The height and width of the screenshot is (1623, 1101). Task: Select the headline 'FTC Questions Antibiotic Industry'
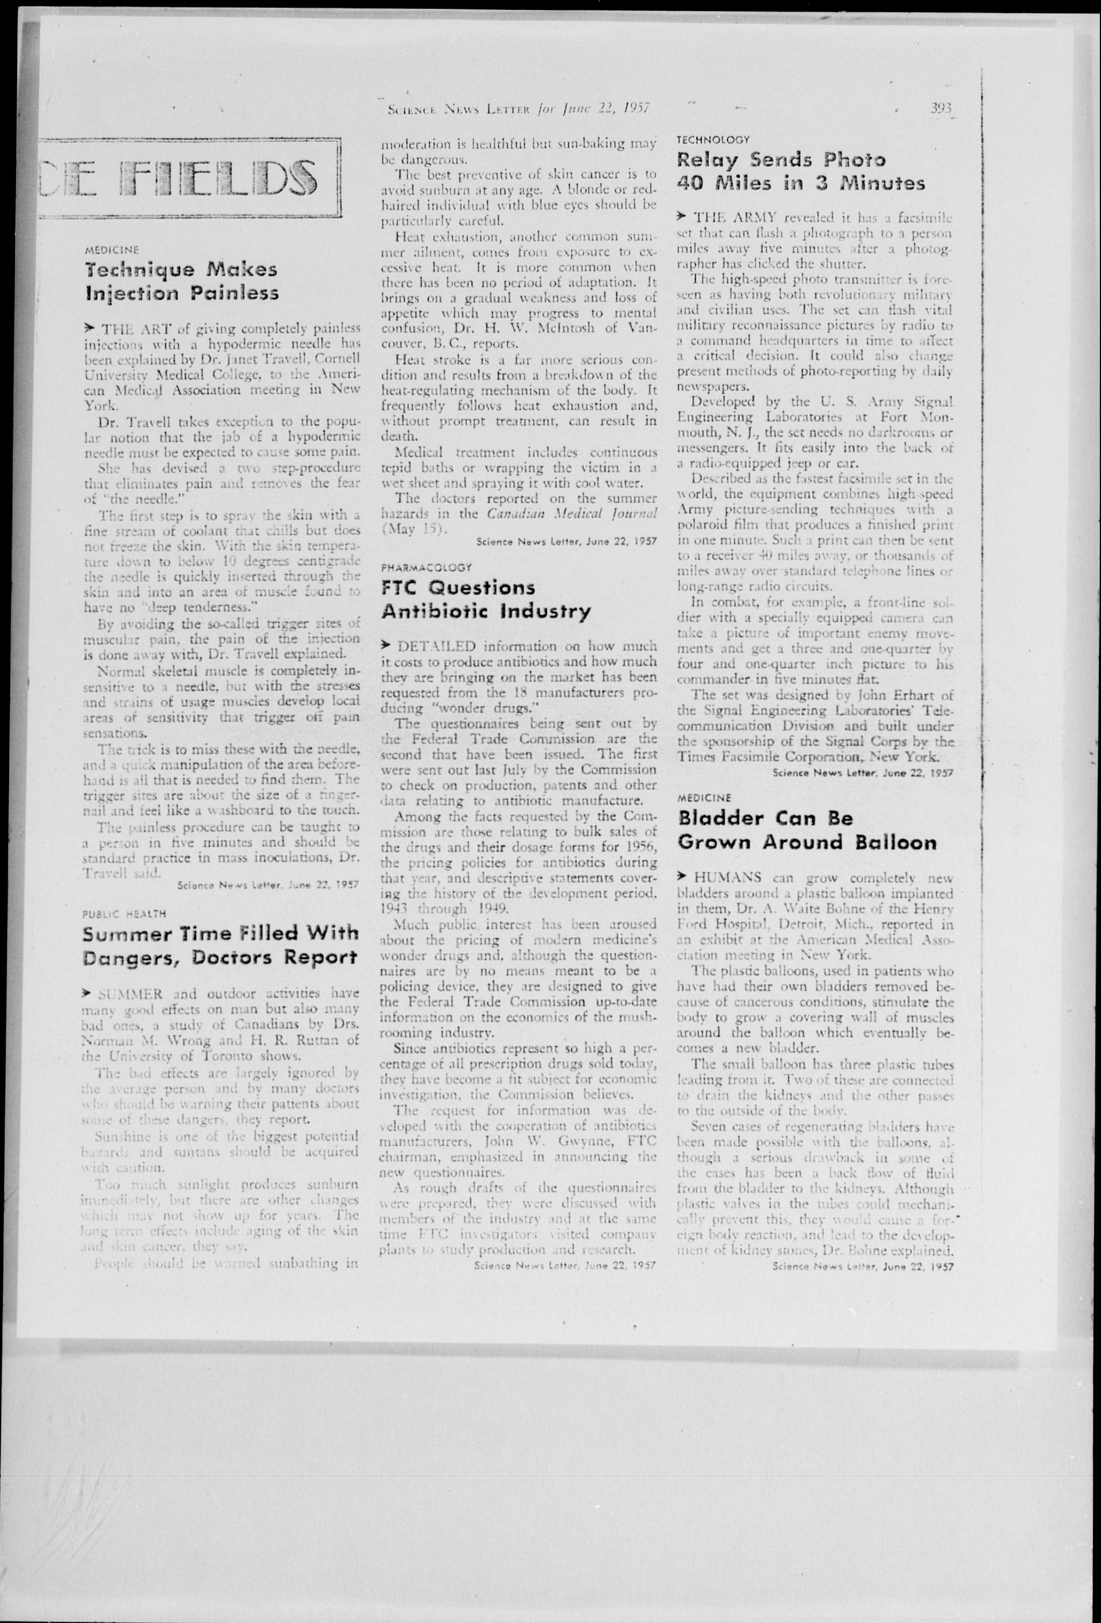(x=486, y=599)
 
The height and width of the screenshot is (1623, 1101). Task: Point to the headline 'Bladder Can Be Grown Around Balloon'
(x=807, y=830)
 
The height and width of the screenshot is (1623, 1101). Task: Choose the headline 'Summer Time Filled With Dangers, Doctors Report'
(x=221, y=945)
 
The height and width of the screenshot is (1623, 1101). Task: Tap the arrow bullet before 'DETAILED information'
(x=386, y=645)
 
